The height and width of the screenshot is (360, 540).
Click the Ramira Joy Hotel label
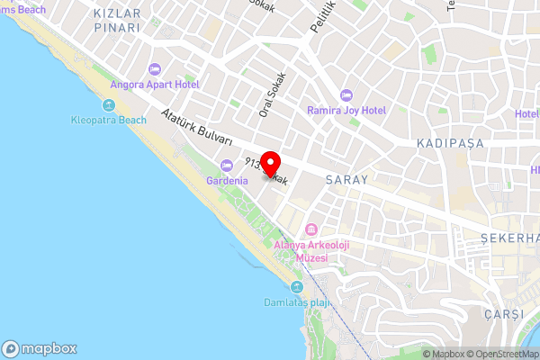pyautogui.click(x=346, y=111)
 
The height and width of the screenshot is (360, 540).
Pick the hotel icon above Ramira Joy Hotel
pyautogui.click(x=346, y=94)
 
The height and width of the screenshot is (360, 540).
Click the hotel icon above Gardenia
pyautogui.click(x=227, y=165)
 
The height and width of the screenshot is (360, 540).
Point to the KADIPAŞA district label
pyautogui.click(x=451, y=144)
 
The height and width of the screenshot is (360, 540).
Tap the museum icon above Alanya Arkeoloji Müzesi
pyautogui.click(x=312, y=228)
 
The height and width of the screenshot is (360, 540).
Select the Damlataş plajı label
pyautogui.click(x=296, y=302)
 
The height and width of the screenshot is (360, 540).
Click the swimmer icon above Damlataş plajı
pyautogui.click(x=296, y=286)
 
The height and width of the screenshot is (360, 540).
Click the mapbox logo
pyautogui.click(x=40, y=348)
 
